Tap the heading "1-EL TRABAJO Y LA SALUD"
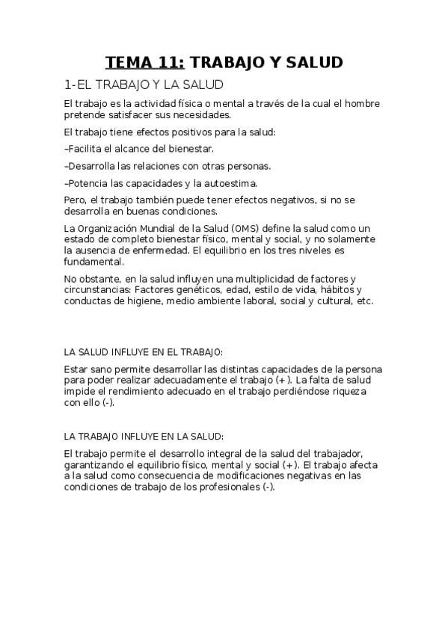click(144, 85)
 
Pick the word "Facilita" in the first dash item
click(85, 149)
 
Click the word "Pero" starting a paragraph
click(76, 200)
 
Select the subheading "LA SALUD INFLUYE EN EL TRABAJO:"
click(144, 351)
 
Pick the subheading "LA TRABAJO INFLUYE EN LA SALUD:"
click(144, 436)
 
